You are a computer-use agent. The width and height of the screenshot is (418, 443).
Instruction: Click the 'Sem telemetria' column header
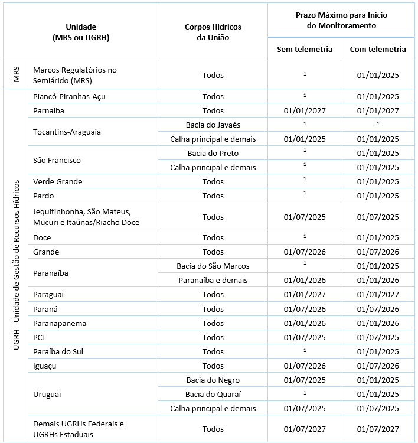tap(305, 49)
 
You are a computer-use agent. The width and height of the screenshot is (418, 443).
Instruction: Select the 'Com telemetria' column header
tap(378, 49)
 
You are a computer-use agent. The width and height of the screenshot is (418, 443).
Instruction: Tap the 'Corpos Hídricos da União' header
tap(213, 32)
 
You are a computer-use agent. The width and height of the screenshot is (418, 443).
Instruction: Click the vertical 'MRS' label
tap(17, 75)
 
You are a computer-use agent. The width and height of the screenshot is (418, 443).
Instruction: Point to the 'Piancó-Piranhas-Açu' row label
tap(70, 96)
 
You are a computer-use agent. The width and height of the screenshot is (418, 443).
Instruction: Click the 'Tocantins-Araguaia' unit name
tap(67, 132)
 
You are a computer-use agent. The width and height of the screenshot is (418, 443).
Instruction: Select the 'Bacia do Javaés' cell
tap(213, 125)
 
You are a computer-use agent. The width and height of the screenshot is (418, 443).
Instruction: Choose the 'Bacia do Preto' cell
tap(213, 153)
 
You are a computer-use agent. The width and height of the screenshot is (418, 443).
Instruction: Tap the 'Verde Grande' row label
tap(58, 181)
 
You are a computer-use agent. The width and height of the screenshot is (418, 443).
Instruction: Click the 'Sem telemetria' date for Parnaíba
tap(305, 110)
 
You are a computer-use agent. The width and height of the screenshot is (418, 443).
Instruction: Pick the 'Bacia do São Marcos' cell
tap(213, 266)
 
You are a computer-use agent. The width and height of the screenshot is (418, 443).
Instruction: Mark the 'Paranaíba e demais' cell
tap(213, 280)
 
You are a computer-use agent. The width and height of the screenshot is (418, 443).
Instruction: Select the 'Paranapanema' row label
tap(60, 323)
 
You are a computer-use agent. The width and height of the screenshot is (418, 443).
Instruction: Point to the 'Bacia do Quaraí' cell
tap(213, 394)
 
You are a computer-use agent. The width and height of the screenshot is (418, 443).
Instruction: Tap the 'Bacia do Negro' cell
tap(213, 380)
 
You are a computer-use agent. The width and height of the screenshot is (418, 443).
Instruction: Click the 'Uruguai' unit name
tap(47, 394)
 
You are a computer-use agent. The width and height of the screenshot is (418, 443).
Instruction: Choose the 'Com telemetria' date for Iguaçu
tap(378, 366)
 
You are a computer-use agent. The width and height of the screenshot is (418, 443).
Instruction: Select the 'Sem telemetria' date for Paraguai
tap(305, 294)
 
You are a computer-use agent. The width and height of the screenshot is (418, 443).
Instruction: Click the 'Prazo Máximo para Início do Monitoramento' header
tap(341, 20)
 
